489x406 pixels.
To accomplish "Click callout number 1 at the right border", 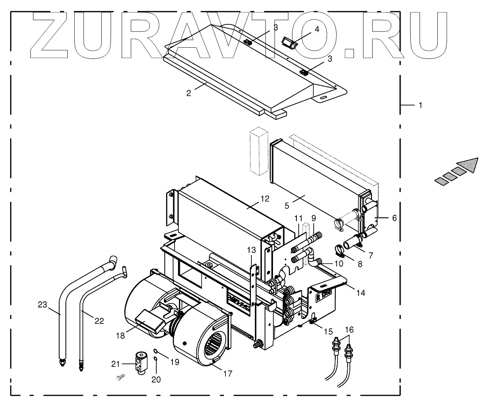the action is point(421,105).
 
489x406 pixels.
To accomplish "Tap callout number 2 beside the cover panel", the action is point(189,93).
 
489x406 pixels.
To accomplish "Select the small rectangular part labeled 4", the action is point(289,43).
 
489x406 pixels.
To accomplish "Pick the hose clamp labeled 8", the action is point(342,251).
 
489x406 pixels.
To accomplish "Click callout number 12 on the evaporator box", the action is point(264,199).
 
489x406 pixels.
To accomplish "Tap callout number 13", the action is point(251,250).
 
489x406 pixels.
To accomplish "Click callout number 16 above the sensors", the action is point(349,330).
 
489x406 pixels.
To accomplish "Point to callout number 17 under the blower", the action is point(227,374).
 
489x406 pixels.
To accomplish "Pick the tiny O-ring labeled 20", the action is point(155,359).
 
